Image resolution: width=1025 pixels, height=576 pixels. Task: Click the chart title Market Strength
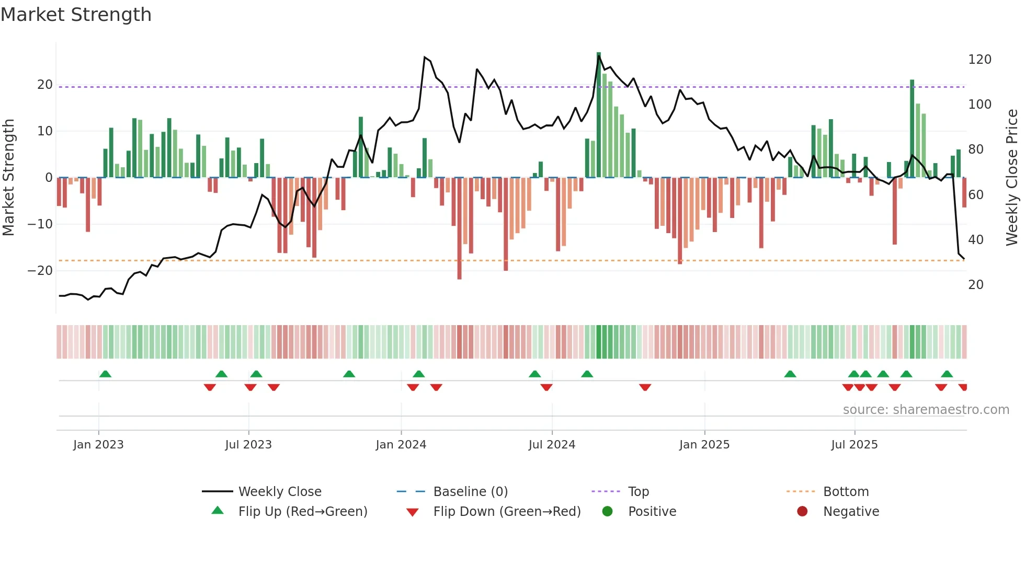tap(76, 15)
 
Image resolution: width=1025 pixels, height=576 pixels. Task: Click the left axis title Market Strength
tap(9, 177)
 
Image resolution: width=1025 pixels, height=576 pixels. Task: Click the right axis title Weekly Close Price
tap(1012, 177)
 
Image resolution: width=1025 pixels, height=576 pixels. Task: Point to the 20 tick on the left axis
tap(44, 85)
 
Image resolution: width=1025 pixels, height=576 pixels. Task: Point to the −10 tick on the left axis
tap(40, 224)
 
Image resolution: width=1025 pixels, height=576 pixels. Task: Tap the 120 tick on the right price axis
tap(979, 60)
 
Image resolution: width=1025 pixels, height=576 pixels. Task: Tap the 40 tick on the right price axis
tap(975, 240)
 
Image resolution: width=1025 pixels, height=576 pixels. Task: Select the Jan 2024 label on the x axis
tap(401, 445)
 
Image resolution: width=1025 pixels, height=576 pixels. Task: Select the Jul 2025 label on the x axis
tap(854, 445)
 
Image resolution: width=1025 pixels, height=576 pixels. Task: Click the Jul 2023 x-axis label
tap(248, 445)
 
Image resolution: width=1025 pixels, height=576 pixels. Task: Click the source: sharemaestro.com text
tap(926, 410)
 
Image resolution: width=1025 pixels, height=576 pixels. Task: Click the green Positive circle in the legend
tap(607, 512)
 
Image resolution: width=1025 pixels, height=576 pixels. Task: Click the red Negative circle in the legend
tap(802, 512)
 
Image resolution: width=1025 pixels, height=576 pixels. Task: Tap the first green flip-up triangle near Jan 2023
tap(105, 374)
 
